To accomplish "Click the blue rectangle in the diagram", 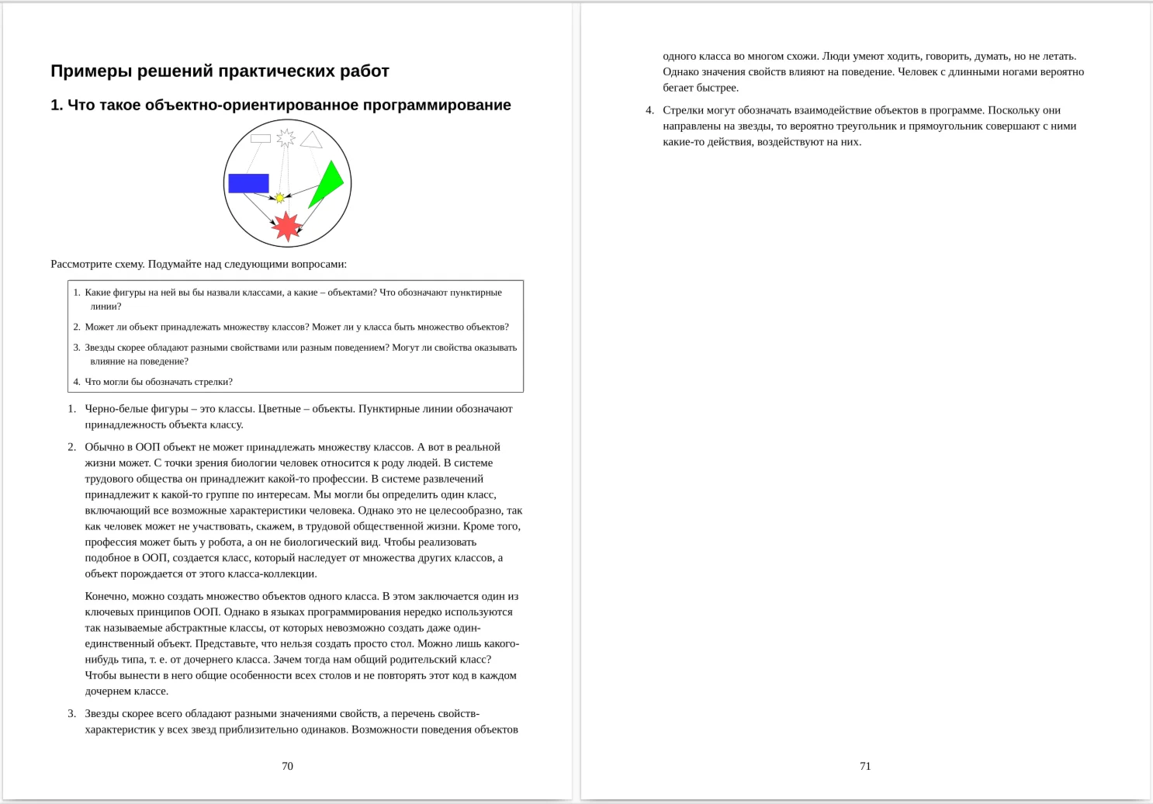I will coord(248,183).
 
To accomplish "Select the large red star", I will coord(287,226).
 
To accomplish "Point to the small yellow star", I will coord(280,198).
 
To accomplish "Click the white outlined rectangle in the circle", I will coord(261,138).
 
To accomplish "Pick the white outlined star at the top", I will coord(286,138).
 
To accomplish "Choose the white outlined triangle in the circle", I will coord(311,140).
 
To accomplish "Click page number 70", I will coord(287,766).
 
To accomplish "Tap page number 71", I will coord(865,766).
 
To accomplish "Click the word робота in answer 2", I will coord(223,542).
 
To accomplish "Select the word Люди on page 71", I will coord(835,56).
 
